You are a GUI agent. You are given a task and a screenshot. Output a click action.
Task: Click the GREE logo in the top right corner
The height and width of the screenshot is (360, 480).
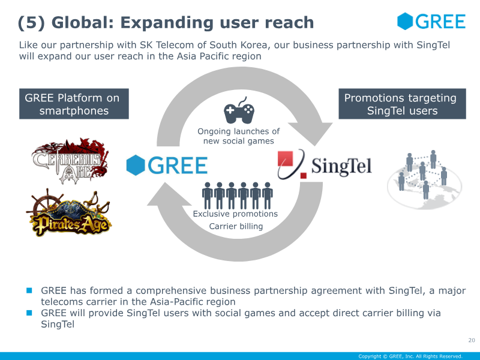[431, 21]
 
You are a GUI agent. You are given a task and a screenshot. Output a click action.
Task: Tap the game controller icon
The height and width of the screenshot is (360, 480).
[239, 110]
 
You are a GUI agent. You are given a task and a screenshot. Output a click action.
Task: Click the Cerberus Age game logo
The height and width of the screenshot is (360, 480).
[70, 161]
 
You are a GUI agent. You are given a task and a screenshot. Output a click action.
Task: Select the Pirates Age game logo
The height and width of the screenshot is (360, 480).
[70, 214]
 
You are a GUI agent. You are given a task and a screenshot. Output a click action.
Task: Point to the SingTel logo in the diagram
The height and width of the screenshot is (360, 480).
[325, 164]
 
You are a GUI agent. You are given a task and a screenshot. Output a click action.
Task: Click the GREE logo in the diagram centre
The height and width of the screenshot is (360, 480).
[167, 165]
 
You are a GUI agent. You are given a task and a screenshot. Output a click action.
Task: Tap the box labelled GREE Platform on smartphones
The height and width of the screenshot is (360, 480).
[74, 104]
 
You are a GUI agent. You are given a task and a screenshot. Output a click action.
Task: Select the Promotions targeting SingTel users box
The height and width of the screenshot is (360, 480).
[402, 104]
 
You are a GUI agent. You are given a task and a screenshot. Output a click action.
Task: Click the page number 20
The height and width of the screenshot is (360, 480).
[472, 340]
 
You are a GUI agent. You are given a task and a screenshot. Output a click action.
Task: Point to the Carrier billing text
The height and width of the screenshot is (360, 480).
[236, 226]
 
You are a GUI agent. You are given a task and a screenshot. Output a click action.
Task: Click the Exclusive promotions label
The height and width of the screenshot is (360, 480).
[235, 214]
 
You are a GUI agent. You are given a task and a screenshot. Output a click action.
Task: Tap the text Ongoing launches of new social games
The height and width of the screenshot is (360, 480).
[238, 136]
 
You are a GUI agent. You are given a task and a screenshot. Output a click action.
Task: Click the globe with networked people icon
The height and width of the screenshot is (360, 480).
[425, 179]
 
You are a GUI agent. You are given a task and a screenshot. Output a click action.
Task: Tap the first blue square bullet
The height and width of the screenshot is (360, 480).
[29, 290]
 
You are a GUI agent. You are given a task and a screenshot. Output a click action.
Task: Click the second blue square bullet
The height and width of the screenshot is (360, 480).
[29, 313]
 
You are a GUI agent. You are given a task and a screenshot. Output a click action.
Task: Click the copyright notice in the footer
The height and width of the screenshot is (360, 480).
[410, 356]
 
